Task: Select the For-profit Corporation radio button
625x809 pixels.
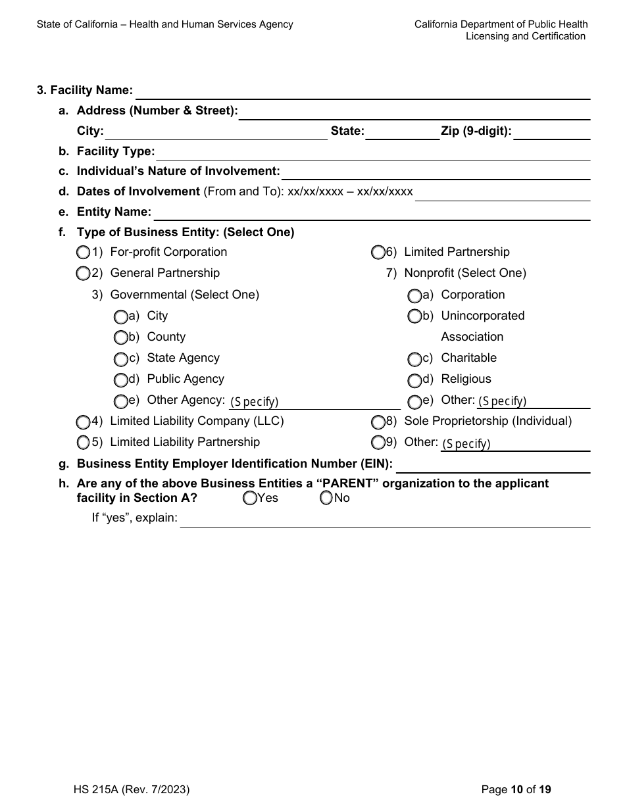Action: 83,253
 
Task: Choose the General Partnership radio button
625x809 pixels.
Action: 83,273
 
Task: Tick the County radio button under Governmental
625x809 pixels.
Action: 120,338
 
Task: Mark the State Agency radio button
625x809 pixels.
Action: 120,359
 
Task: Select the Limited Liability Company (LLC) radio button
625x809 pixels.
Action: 83,422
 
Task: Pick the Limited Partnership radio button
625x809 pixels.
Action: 378,253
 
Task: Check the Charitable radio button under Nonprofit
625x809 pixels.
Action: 414,359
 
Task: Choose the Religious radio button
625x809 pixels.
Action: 414,380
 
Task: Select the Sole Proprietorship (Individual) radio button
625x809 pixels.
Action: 378,422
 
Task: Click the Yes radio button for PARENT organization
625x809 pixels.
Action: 250,499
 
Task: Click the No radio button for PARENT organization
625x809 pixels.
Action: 327,499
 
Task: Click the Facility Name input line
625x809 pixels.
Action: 362,92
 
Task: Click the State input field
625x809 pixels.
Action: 402,133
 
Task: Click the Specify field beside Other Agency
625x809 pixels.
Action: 314,402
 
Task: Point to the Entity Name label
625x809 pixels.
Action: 114,212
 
